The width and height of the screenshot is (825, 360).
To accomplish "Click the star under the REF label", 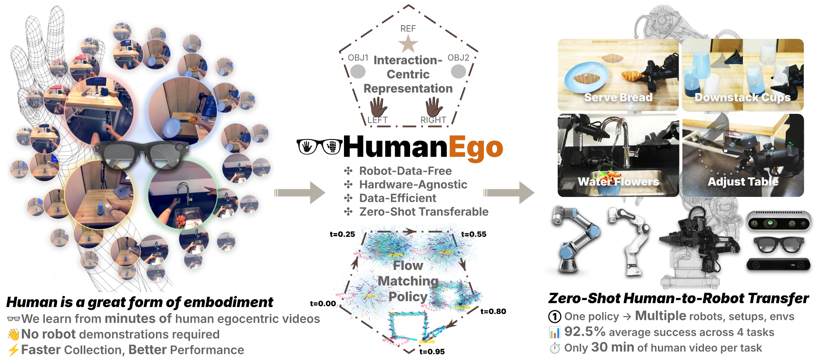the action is pyautogui.click(x=408, y=44).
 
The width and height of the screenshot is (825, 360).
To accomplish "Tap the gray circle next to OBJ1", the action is pyautogui.click(x=358, y=71).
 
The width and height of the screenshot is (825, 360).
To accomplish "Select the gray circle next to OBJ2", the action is pyautogui.click(x=458, y=71).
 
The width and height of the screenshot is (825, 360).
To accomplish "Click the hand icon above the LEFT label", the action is pyautogui.click(x=378, y=107).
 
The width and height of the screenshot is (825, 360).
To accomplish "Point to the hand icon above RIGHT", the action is pyautogui.click(x=434, y=107).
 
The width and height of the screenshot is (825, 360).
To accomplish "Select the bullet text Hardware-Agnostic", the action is pyautogui.click(x=413, y=184).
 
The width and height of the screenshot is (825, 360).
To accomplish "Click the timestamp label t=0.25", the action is pyautogui.click(x=342, y=234).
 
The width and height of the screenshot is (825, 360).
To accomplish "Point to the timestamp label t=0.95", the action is pyautogui.click(x=432, y=352).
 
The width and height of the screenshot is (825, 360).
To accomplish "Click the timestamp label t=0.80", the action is pyautogui.click(x=493, y=311).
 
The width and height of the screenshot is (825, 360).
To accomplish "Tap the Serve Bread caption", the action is pyautogui.click(x=618, y=97).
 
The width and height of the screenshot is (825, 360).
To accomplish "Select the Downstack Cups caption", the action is pyautogui.click(x=742, y=97).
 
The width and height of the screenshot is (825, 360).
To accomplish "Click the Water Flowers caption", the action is pyautogui.click(x=618, y=182).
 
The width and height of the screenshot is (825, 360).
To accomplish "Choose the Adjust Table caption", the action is pyautogui.click(x=743, y=182).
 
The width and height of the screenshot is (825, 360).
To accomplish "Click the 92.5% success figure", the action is pyautogui.click(x=584, y=332).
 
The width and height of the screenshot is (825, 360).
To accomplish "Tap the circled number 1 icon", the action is pyautogui.click(x=554, y=317).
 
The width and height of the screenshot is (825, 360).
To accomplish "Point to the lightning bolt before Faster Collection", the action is pyautogui.click(x=13, y=350).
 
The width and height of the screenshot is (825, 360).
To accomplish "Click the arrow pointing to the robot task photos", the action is pyautogui.click(x=509, y=192).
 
